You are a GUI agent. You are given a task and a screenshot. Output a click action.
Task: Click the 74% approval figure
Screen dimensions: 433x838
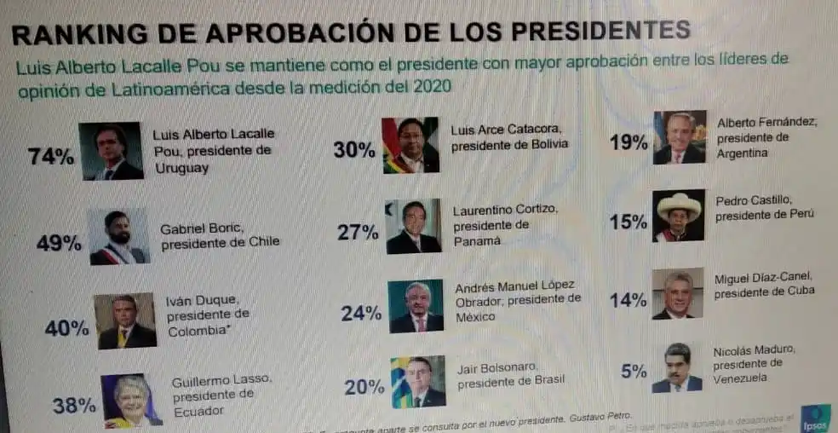(50, 157)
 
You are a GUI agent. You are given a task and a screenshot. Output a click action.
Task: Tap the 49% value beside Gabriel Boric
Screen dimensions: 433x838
(59, 243)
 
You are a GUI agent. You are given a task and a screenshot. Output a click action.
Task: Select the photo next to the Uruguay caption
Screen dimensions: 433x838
(111, 151)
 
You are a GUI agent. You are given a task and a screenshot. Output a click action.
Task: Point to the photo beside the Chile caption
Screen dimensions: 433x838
(119, 237)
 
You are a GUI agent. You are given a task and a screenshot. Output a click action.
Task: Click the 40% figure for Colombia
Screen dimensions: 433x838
(67, 328)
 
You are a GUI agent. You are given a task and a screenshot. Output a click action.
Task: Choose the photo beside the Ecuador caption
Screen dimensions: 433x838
(131, 400)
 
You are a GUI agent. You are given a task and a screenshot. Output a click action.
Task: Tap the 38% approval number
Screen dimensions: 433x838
(74, 406)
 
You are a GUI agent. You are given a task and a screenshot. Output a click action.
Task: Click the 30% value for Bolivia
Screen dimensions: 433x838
(354, 151)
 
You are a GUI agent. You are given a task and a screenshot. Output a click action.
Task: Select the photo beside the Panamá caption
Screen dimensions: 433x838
(413, 227)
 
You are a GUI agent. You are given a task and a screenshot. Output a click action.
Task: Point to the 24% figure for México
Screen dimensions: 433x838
(361, 313)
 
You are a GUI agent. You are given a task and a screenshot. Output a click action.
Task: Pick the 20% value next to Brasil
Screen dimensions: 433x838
(364, 388)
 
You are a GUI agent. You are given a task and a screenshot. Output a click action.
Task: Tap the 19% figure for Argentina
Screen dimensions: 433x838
(628, 142)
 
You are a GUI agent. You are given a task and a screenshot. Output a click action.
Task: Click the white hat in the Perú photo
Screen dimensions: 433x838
(679, 205)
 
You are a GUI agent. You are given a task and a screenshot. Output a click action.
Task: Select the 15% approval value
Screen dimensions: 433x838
(628, 222)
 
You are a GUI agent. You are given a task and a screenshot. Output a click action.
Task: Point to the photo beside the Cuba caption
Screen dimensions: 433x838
(678, 294)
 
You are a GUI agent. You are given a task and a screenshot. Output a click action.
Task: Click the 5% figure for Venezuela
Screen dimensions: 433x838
(634, 372)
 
